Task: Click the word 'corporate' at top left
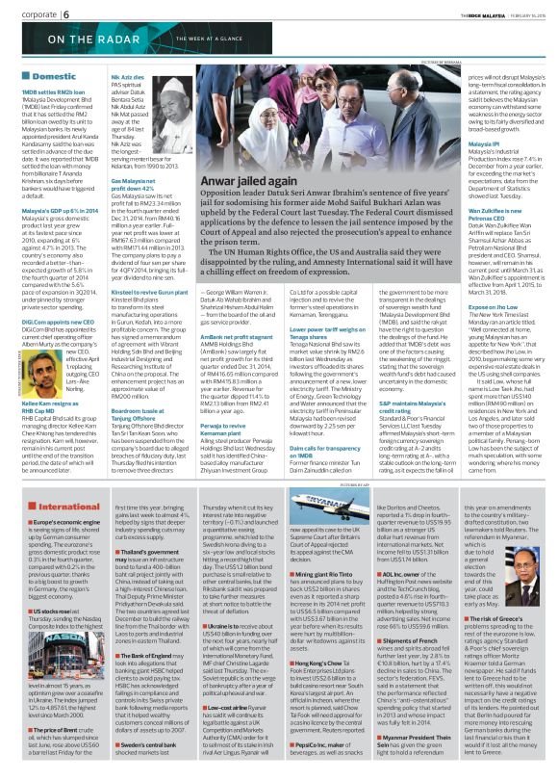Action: tap(28, 15)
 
